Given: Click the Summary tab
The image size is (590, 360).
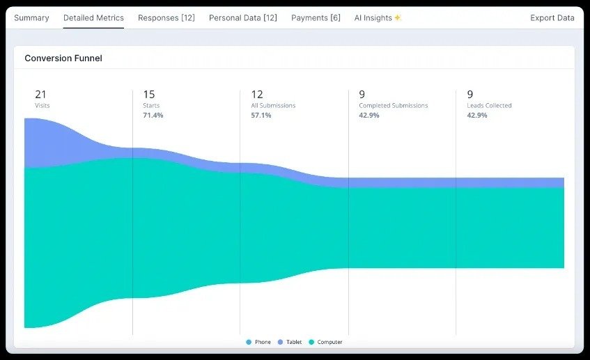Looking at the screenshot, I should click(31, 17).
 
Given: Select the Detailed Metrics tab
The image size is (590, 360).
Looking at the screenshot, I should click(93, 17).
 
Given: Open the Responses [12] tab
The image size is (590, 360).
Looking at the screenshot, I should click(166, 17).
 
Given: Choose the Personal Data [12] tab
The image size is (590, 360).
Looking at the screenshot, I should click(243, 17).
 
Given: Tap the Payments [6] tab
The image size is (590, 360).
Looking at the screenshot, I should click(316, 17).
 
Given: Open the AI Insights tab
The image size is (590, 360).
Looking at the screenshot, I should click(373, 17).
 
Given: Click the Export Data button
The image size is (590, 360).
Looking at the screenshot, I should click(552, 17).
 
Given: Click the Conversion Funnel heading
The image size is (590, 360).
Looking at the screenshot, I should click(63, 58).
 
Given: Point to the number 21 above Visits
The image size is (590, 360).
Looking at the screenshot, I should click(40, 95).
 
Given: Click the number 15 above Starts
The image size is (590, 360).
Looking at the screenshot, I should click(149, 95).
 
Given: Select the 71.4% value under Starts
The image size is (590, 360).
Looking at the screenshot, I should click(153, 115).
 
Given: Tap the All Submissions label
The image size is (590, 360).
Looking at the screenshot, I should click(273, 106).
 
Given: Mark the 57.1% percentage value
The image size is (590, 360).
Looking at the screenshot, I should click(261, 115).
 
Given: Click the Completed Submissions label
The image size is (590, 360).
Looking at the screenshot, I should click(393, 106).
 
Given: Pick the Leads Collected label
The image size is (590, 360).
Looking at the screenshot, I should click(489, 106).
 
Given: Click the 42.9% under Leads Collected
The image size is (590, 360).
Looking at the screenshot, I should click(477, 115).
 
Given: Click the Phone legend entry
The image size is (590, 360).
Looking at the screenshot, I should click(258, 342).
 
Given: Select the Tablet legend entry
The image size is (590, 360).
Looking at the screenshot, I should click(290, 342).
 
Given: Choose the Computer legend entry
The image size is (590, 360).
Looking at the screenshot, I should click(325, 342).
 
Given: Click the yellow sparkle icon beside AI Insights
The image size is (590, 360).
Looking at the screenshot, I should click(398, 18).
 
